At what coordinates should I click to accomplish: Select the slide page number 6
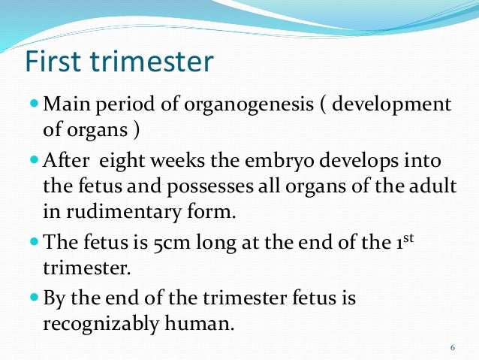(452, 346)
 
